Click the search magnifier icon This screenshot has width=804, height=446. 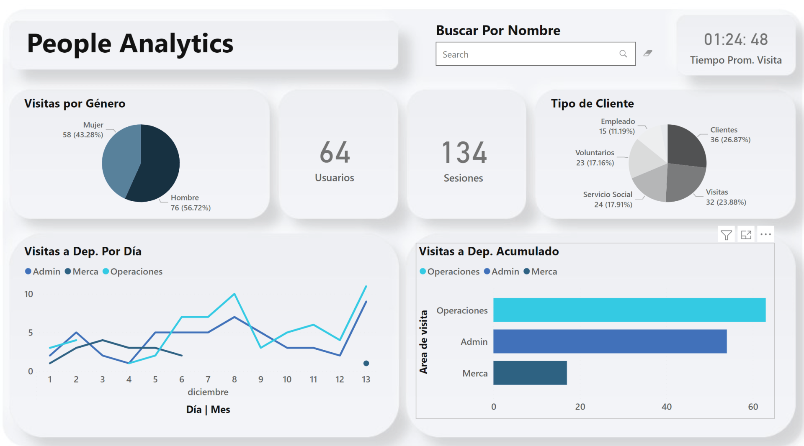(x=623, y=54)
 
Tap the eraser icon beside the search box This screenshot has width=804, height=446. (x=648, y=53)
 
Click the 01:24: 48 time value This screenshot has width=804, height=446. (x=736, y=40)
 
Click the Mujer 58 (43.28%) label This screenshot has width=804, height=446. (x=83, y=130)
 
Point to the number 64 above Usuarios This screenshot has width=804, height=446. (x=335, y=152)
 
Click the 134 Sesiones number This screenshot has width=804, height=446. (x=464, y=152)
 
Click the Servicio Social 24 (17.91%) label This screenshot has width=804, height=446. (x=608, y=200)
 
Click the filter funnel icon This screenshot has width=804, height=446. (x=727, y=235)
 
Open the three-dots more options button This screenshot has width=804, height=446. (x=765, y=234)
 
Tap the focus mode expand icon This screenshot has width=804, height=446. (x=746, y=235)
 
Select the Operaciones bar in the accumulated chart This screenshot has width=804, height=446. (x=629, y=310)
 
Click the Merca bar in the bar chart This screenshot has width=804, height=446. (x=530, y=373)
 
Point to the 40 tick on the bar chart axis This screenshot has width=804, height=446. (x=666, y=407)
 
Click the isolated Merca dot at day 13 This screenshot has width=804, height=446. (x=366, y=363)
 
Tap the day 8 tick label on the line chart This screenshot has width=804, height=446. (x=234, y=379)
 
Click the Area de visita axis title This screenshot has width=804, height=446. (x=424, y=342)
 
